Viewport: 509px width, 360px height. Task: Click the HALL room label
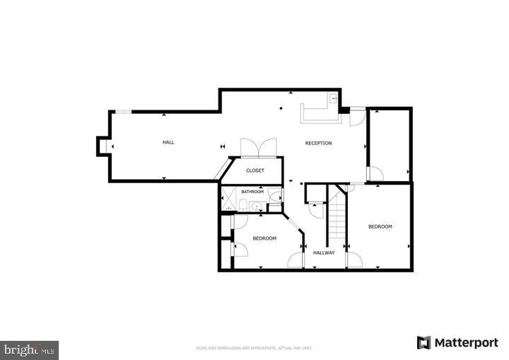[168, 142]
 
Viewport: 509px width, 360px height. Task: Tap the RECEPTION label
[318, 143]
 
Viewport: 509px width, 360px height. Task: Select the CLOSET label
[255, 170]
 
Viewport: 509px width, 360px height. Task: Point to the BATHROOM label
[252, 192]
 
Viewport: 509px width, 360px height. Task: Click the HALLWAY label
[324, 252]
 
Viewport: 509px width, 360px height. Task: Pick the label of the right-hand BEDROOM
[380, 226]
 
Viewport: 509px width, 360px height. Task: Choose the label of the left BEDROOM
[264, 238]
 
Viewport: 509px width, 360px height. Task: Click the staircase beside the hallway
[337, 216]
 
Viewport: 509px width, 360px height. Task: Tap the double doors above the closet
[259, 147]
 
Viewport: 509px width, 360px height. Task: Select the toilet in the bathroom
[242, 206]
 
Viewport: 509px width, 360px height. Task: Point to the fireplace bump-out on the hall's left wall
[103, 145]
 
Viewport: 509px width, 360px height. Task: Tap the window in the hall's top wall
[123, 111]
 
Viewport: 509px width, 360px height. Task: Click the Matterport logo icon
[423, 343]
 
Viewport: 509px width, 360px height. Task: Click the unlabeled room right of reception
[389, 145]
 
